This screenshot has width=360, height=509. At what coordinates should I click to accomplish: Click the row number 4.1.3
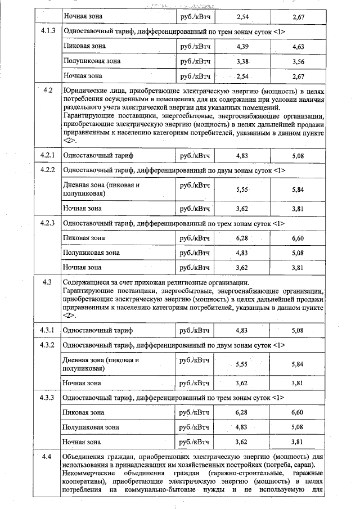[47, 31]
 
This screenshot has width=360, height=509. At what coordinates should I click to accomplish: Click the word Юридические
[84, 91]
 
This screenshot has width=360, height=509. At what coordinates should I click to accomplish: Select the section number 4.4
[47, 456]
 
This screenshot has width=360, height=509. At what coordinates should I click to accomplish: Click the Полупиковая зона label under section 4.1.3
[92, 61]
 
